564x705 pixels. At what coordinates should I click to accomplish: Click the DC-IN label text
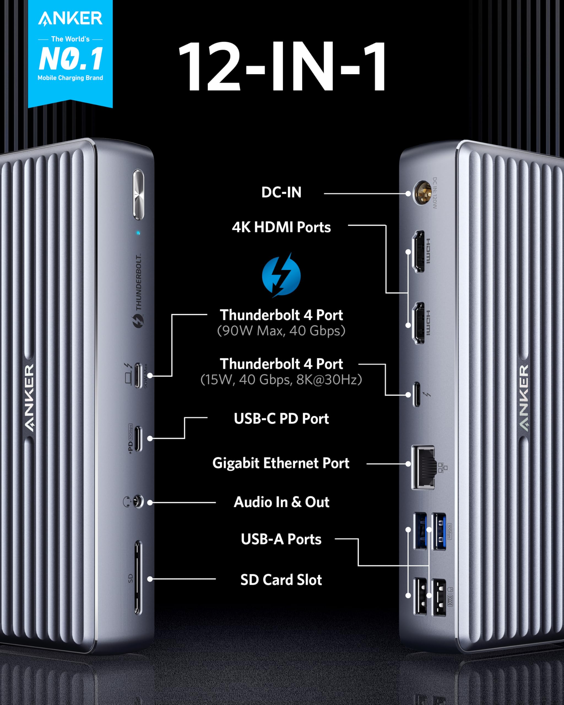pyautogui.click(x=281, y=192)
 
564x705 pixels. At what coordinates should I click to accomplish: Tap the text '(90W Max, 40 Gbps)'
pyautogui.click(x=281, y=331)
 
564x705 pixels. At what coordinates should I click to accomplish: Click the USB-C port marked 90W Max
pyautogui.click(x=138, y=375)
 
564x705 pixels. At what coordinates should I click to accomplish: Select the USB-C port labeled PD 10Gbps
pyautogui.click(x=138, y=438)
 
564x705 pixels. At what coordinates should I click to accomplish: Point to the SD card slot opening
pyautogui.click(x=138, y=577)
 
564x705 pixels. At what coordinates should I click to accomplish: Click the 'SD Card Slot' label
pyautogui.click(x=281, y=580)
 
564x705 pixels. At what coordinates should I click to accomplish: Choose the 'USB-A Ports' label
pyautogui.click(x=281, y=539)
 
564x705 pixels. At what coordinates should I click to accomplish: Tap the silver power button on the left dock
pyautogui.click(x=138, y=194)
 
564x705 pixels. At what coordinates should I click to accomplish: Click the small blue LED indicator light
pyautogui.click(x=138, y=233)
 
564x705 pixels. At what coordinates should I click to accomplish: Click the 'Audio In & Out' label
pyautogui.click(x=281, y=502)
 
